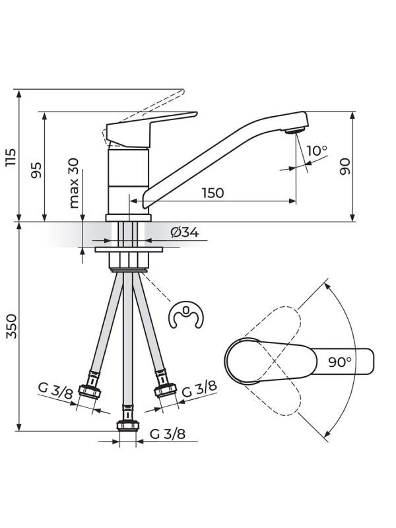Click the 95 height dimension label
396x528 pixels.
pyautogui.click(x=36, y=170)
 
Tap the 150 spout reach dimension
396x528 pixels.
pyautogui.click(x=213, y=193)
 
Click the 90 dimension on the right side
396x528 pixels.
pyautogui.click(x=345, y=166)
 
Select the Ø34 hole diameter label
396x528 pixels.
pyautogui.click(x=184, y=232)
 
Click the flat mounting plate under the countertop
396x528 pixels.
pyautogui.click(x=129, y=250)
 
